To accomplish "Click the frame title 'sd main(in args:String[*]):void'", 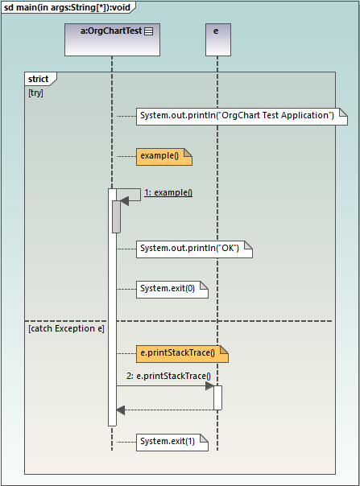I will click(x=68, y=7).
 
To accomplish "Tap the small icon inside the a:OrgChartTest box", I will click(x=149, y=31).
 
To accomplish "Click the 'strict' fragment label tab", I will click(x=39, y=79).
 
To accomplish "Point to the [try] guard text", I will click(x=35, y=93).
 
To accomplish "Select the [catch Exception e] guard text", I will click(x=66, y=328).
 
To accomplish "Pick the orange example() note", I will click(x=163, y=156).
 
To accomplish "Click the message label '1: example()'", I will click(x=168, y=192).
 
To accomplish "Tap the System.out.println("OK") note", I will click(x=193, y=249).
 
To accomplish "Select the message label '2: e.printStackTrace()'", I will click(x=168, y=376).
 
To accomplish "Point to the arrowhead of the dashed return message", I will click(x=121, y=410).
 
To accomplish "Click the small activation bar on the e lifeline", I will click(x=217, y=397).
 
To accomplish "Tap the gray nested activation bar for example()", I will click(x=116, y=216).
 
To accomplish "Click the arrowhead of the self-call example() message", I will click(x=124, y=201).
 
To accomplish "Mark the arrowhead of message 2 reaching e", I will click(x=209, y=386).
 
